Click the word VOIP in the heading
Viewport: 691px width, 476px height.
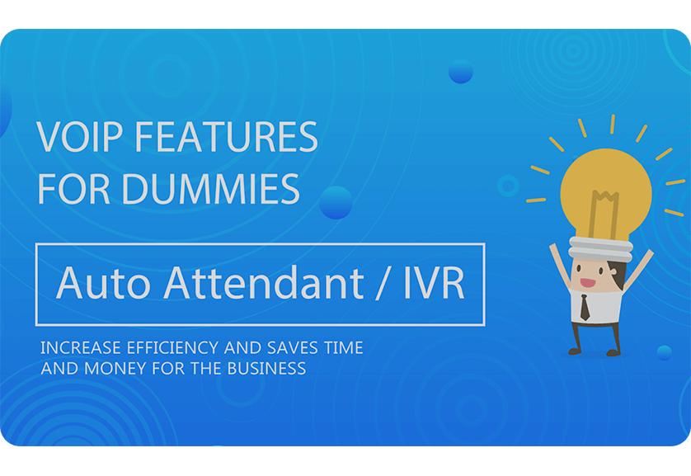pos(78,137)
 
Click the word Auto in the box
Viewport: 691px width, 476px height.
pos(104,284)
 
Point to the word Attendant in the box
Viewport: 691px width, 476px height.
pos(263,284)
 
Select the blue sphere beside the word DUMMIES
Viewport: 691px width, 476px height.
pos(336,202)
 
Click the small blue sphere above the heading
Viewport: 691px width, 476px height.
pos(460,72)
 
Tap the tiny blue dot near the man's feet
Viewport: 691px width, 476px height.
pos(664,352)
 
